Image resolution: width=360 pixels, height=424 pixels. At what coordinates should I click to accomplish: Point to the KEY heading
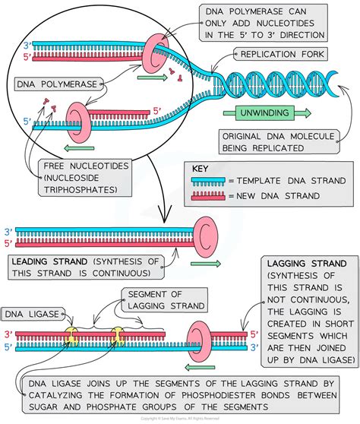coord(200,169)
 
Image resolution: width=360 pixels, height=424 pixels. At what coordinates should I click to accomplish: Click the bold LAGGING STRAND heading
coord(305,263)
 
